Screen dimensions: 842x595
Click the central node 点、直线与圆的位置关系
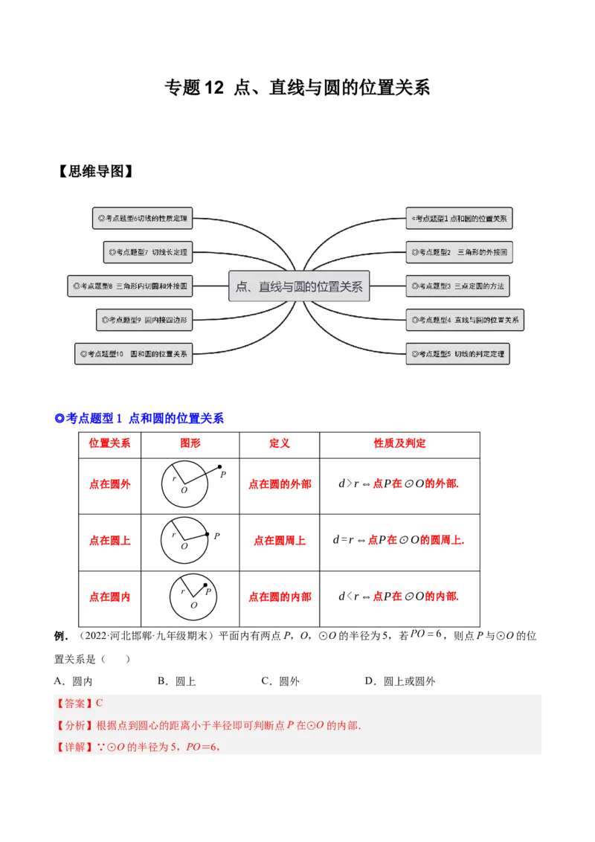[299, 286]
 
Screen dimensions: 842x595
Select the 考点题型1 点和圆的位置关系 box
[459, 219]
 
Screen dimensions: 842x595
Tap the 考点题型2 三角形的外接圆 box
[459, 252]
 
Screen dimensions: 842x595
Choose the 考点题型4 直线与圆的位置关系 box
[464, 321]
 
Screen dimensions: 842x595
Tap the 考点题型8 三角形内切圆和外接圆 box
[130, 286]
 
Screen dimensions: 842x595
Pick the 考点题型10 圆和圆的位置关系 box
[134, 353]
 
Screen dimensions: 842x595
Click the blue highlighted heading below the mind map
[139, 419]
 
